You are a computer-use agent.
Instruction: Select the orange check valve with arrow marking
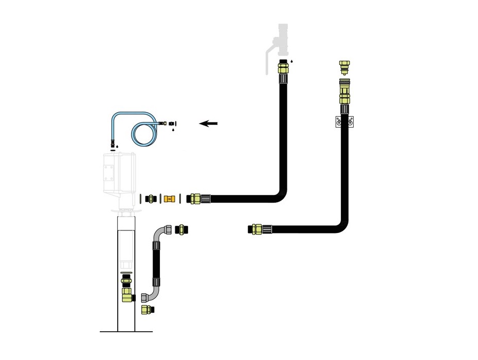coord(170,198)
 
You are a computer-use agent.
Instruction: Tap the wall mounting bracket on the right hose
coord(344,122)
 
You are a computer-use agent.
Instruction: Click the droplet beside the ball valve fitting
coord(291,61)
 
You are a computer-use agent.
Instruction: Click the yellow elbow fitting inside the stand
coord(126,294)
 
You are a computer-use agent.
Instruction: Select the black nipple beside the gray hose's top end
coord(181,229)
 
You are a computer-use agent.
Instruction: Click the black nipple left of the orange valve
coord(151,198)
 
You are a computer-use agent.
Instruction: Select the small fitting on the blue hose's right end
coord(164,123)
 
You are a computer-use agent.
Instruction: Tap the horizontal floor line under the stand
coord(125,332)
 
